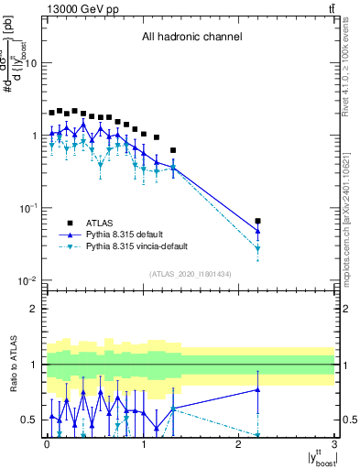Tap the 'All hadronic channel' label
pyautogui.click(x=191, y=38)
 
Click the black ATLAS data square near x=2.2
pyautogui.click(x=258, y=222)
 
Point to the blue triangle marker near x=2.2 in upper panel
pyautogui.click(x=258, y=230)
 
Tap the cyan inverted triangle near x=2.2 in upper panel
pyautogui.click(x=258, y=249)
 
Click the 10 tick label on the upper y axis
pyautogui.click(x=30, y=63)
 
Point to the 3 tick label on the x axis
pyautogui.click(x=335, y=444)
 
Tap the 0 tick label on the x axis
pyautogui.click(x=46, y=444)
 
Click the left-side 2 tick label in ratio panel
pyautogui.click(x=34, y=309)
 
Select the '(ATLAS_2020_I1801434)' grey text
pyautogui.click(x=191, y=274)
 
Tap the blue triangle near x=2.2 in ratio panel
pyautogui.click(x=258, y=390)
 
